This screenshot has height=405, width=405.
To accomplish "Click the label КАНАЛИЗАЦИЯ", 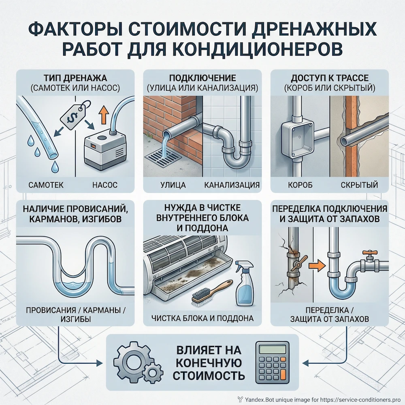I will pyautogui.click(x=232, y=185).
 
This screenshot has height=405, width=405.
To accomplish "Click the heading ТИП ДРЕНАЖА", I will pyautogui.click(x=75, y=77).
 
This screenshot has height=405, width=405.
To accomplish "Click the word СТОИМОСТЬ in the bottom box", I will pyautogui.click(x=209, y=375).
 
